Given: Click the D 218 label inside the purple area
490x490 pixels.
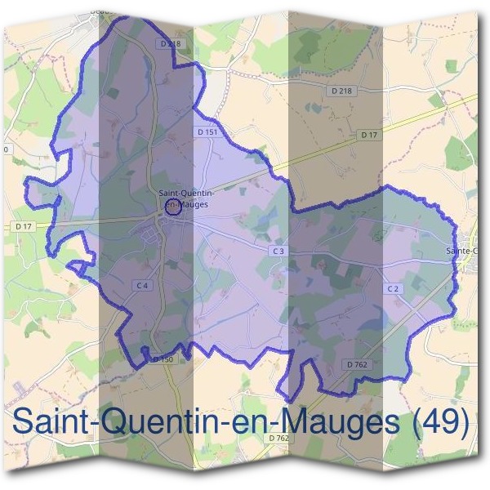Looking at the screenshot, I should (x=171, y=42).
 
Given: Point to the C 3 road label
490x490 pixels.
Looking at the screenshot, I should (x=278, y=251).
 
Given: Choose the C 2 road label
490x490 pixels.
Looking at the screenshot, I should (x=392, y=289).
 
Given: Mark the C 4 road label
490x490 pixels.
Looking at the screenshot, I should (x=143, y=285).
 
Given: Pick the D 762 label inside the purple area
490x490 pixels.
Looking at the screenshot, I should (x=355, y=364).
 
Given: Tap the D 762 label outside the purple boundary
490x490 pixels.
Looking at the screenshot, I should (x=279, y=438).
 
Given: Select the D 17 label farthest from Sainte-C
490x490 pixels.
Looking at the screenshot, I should (x=23, y=225).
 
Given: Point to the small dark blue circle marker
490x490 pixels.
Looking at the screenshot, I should (x=172, y=207).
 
